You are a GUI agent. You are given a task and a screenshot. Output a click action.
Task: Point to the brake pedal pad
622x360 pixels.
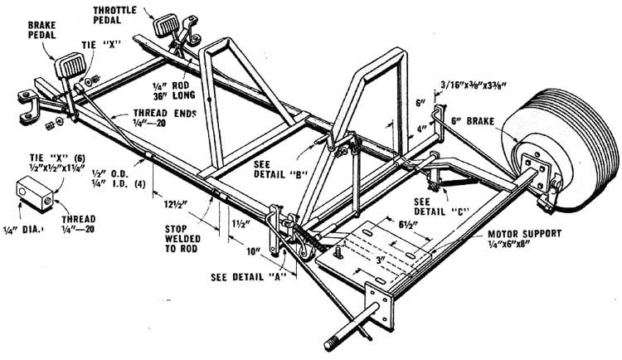[68, 62]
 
